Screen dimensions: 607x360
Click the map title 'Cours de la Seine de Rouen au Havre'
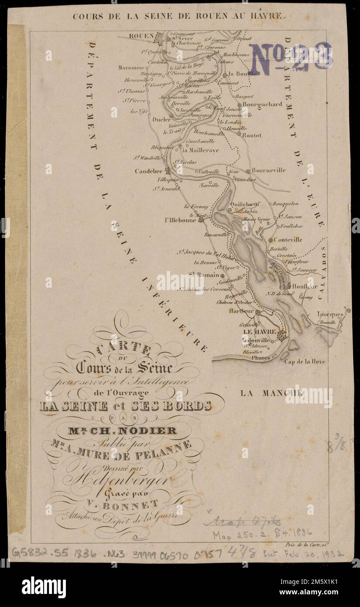point(179,17)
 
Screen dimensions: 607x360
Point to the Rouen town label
point(141,36)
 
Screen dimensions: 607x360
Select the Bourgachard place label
point(262,104)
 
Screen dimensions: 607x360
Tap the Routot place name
point(252,135)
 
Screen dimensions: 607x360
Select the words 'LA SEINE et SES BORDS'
point(125,406)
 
